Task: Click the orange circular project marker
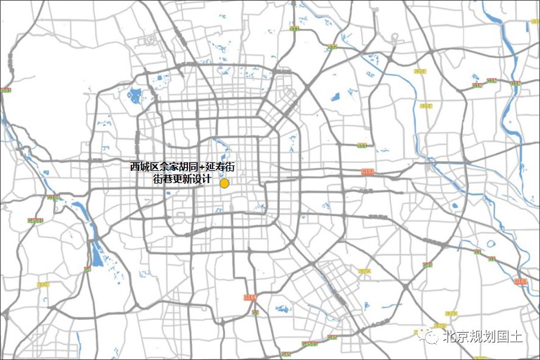point(224,183)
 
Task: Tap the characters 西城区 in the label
point(144,167)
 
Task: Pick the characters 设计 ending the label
point(201,179)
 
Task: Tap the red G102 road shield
point(368,172)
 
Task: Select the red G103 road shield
point(521,282)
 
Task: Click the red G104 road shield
point(250,297)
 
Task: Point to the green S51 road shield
point(362,145)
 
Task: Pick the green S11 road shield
point(295,29)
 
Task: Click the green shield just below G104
point(255,313)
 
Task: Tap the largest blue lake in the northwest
point(134,95)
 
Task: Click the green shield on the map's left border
point(6,91)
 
